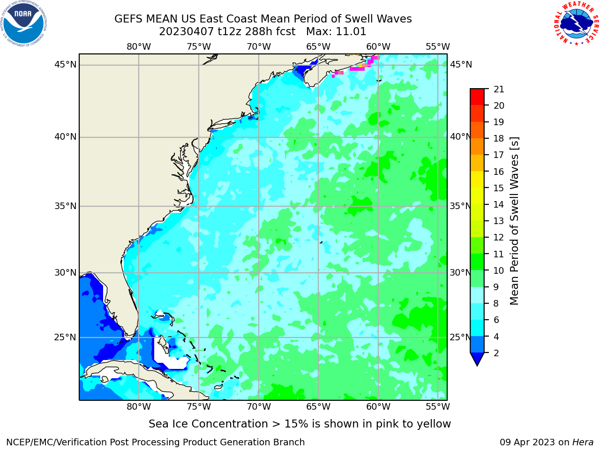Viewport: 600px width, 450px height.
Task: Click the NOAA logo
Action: [24, 24]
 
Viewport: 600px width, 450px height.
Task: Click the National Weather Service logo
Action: [576, 23]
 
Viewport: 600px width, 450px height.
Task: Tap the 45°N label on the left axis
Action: [65, 65]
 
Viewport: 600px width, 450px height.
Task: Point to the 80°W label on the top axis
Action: [139, 47]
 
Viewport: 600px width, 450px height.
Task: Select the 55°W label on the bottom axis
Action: [438, 406]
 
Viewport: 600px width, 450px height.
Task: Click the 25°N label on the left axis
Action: [65, 337]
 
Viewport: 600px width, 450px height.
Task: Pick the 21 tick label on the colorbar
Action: [499, 90]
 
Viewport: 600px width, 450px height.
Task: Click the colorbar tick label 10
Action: [499, 270]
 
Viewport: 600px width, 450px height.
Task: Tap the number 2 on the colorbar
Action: [496, 353]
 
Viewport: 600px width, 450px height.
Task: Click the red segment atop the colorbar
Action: [477, 97]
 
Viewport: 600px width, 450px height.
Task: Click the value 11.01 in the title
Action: [351, 32]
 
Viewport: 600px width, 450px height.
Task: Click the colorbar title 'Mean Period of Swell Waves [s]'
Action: [514, 221]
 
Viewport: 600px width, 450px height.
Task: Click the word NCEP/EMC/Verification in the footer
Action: [57, 442]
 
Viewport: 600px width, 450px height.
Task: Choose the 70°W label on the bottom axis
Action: [259, 406]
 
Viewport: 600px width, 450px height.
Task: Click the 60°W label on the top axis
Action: [378, 47]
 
